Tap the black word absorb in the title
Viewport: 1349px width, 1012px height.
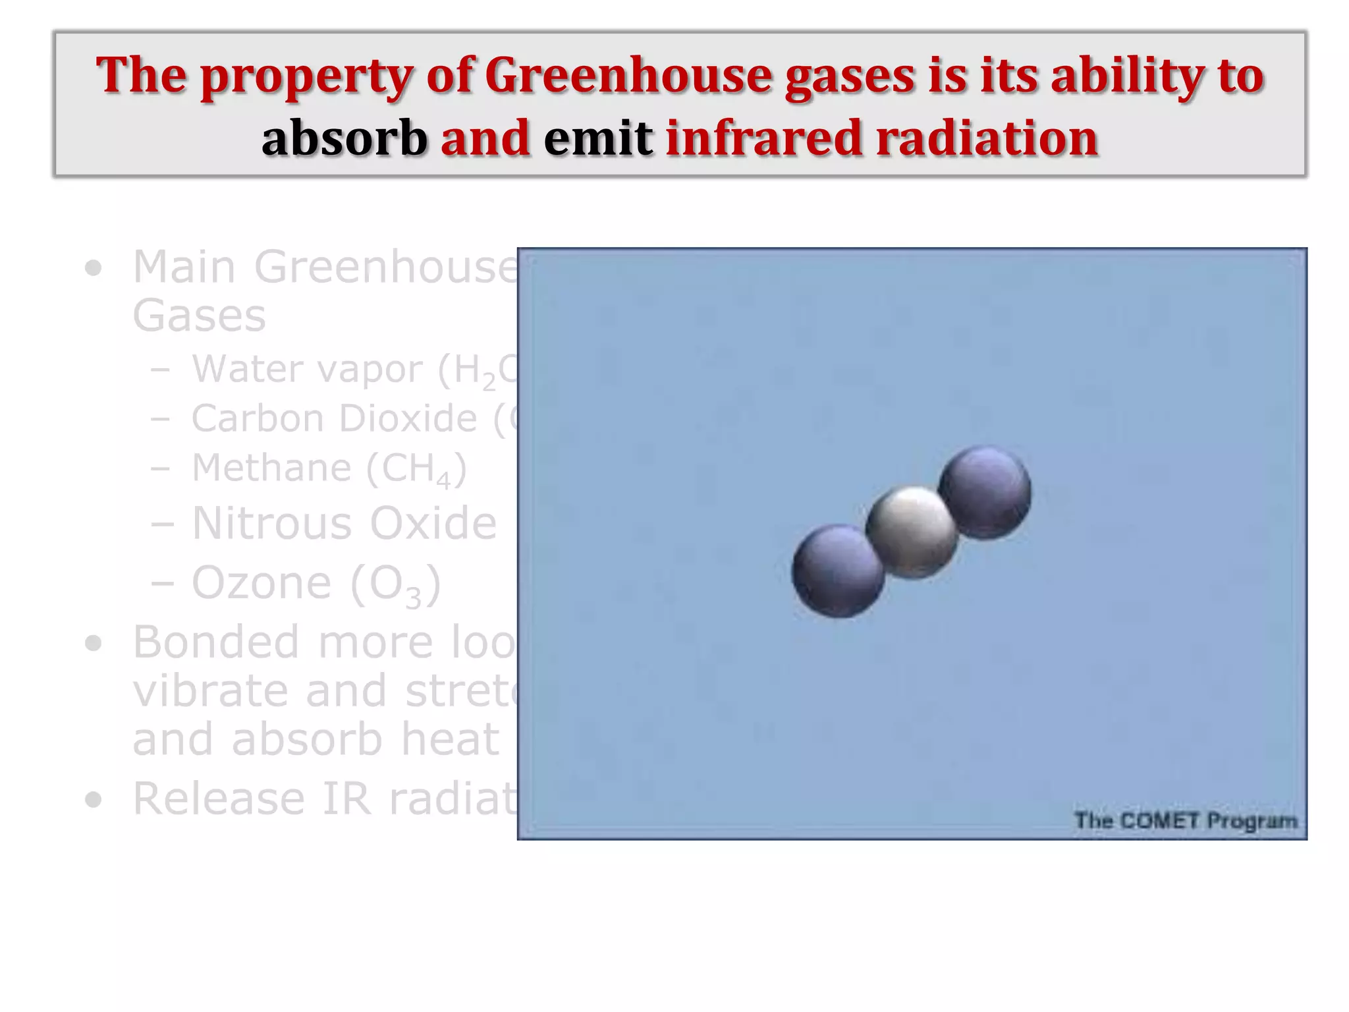[x=344, y=138]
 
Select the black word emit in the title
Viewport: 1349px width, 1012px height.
[x=598, y=138]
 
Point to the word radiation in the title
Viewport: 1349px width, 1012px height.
[x=986, y=138]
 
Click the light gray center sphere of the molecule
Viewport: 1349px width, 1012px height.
[x=912, y=532]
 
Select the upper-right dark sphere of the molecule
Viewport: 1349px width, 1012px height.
[x=985, y=492]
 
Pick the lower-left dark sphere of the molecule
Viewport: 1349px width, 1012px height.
[x=838, y=571]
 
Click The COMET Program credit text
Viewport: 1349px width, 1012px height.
[x=1185, y=820]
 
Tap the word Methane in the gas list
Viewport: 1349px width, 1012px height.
[x=271, y=467]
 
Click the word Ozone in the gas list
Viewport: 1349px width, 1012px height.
[x=262, y=582]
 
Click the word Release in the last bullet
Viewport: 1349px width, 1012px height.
[x=218, y=798]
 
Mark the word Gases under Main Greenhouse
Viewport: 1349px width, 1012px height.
[x=199, y=316]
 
